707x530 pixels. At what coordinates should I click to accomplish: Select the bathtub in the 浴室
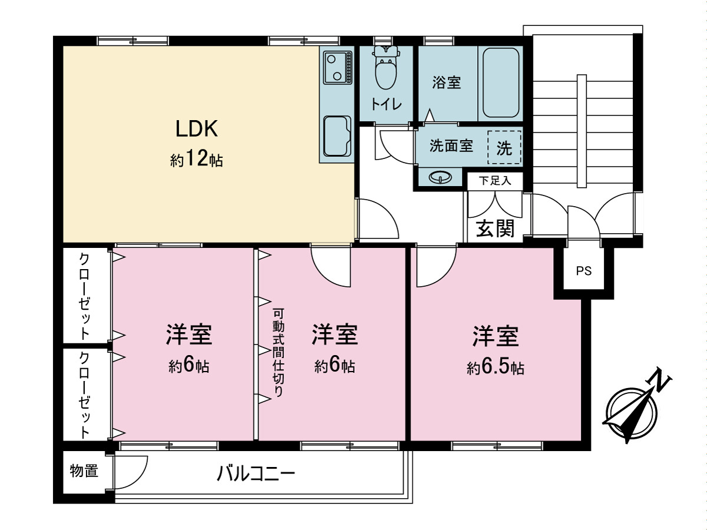[501, 83]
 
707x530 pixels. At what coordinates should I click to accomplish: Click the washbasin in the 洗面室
[439, 177]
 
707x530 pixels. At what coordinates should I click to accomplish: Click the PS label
[583, 271]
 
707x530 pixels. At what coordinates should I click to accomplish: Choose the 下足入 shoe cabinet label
[494, 181]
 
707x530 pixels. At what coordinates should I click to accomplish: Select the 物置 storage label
[84, 471]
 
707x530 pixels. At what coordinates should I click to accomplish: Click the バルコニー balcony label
[255, 473]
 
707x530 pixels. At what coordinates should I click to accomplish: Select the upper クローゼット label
[85, 296]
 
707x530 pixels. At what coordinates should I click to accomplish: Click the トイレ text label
[386, 105]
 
